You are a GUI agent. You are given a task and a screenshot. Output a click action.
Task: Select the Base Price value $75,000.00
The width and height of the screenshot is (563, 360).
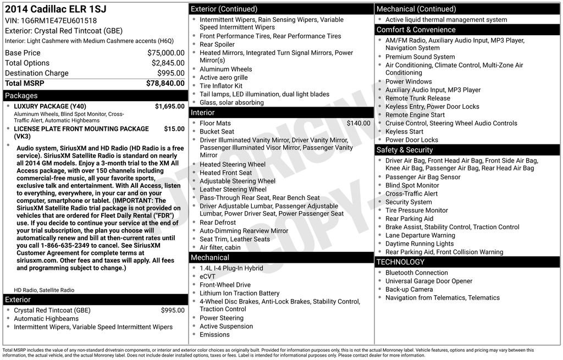point(165,53)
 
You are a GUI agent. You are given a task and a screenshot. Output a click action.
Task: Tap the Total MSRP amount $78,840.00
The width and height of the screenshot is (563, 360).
point(165,84)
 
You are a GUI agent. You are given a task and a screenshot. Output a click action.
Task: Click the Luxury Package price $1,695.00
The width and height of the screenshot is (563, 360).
point(169,106)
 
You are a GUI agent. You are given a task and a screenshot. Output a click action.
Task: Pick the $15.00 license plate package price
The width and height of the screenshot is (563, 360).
point(174,129)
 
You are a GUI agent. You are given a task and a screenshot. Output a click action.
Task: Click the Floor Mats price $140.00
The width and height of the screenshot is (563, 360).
point(358,123)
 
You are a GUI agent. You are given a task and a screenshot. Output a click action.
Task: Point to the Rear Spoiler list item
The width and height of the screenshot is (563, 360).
point(217,45)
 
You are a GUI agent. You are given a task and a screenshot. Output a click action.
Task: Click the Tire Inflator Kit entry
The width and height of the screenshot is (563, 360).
point(220,86)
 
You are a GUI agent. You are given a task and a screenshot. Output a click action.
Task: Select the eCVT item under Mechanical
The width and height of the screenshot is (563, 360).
point(208,276)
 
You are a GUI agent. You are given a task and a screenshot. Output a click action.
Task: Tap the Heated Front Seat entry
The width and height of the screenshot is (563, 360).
point(225,173)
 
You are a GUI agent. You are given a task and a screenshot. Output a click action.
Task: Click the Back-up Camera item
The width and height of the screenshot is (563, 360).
point(409,289)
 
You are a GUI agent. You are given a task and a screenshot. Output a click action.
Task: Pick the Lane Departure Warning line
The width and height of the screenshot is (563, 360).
point(420,235)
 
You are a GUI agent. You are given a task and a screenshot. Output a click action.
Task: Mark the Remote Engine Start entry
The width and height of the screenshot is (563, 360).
point(415,115)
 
